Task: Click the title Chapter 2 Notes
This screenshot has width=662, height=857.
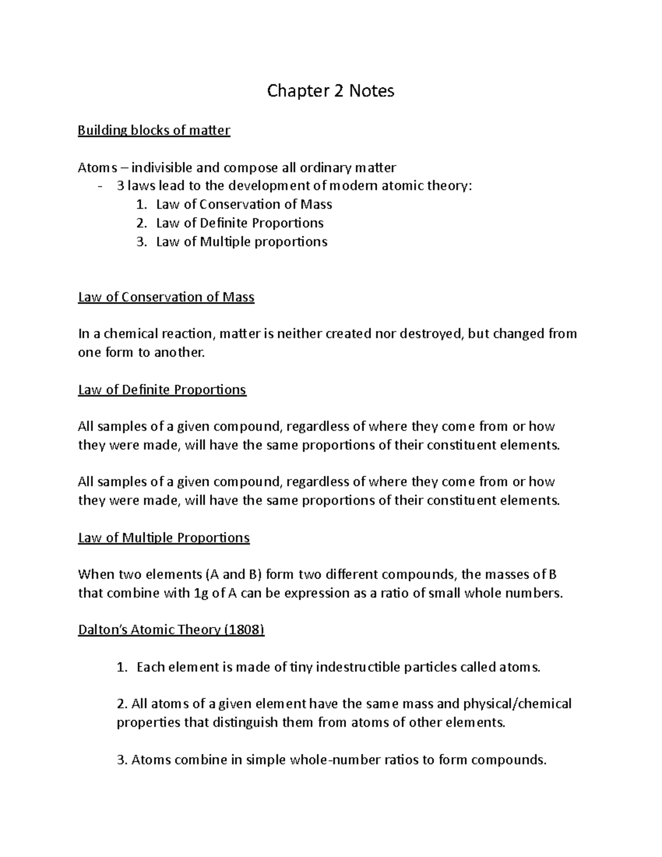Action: [x=330, y=91]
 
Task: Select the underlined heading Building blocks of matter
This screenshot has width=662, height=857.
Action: [x=154, y=131]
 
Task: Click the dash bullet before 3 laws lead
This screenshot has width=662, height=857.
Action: [x=99, y=187]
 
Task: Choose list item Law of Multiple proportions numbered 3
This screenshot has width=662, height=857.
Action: [x=242, y=242]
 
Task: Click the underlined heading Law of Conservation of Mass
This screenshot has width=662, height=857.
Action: [x=166, y=297]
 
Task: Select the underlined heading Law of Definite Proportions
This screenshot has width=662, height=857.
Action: [x=162, y=390]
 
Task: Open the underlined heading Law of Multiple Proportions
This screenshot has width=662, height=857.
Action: [x=164, y=537]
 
